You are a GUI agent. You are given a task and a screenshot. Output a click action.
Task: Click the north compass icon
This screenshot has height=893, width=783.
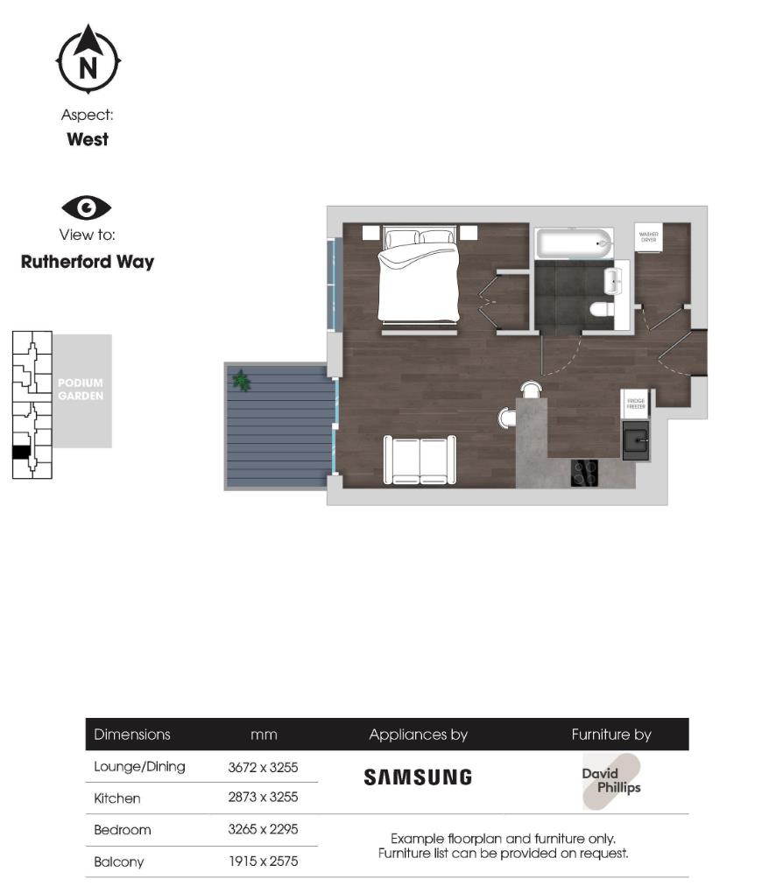pyautogui.click(x=88, y=60)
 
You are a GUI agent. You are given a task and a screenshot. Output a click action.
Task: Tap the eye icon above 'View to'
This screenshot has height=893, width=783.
pyautogui.click(x=86, y=208)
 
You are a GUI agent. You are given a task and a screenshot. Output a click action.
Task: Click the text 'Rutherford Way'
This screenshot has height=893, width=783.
pyautogui.click(x=87, y=262)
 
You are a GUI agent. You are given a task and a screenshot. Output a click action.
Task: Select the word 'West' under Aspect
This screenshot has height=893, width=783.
pyautogui.click(x=88, y=139)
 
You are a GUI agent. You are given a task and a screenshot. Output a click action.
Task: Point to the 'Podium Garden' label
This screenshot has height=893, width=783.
pyautogui.click(x=81, y=390)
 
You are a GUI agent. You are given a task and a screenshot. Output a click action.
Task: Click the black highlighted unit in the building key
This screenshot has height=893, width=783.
pyautogui.click(x=21, y=452)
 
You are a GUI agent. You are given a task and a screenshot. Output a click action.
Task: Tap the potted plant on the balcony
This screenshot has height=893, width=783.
pyautogui.click(x=241, y=381)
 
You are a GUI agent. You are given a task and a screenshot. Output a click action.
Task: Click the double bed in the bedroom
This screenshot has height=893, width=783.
pyautogui.click(x=418, y=276)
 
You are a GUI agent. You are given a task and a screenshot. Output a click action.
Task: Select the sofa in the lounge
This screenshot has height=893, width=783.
pyautogui.click(x=420, y=460)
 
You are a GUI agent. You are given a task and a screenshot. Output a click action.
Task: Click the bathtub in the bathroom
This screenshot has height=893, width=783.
pyautogui.click(x=575, y=243)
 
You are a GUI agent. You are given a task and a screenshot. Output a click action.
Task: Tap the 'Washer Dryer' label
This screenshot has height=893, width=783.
pyautogui.click(x=648, y=237)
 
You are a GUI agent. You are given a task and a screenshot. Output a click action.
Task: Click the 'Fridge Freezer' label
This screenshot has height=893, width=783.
pyautogui.click(x=636, y=404)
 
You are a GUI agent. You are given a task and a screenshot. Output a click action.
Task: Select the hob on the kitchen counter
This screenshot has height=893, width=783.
pyautogui.click(x=584, y=473)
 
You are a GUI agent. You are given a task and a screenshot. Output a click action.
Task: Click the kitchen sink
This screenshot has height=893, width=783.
pyautogui.click(x=635, y=439)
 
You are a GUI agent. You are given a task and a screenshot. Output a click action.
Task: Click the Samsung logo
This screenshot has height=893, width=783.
pyautogui.click(x=418, y=777)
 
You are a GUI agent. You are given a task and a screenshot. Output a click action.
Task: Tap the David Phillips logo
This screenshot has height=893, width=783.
pyautogui.click(x=611, y=781)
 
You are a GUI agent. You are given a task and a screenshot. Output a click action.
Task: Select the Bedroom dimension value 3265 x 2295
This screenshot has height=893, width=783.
pyautogui.click(x=263, y=830)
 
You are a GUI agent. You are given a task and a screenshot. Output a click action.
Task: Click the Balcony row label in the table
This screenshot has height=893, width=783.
pyautogui.click(x=119, y=861)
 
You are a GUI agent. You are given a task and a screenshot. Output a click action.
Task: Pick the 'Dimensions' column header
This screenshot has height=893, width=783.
pyautogui.click(x=132, y=735)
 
